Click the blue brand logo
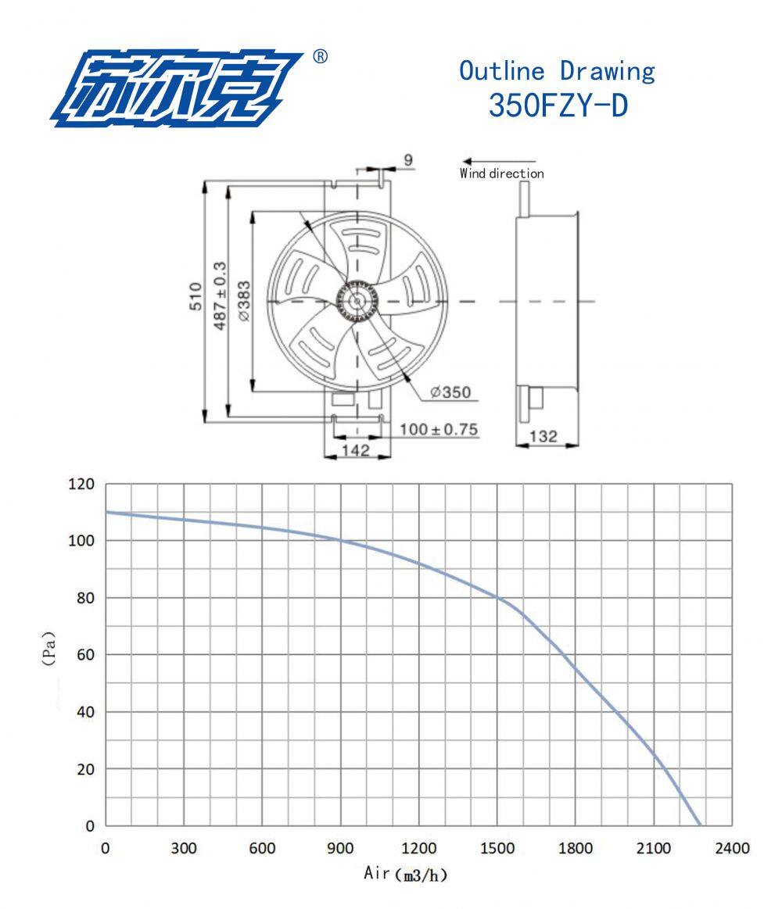tap(176, 88)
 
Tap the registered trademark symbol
tap(320, 56)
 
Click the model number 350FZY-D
tap(558, 105)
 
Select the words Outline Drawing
tap(557, 70)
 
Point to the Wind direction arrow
tap(499, 162)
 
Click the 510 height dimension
tap(196, 296)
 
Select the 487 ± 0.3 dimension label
tap(221, 296)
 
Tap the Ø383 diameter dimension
tap(244, 302)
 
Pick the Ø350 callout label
tap(450, 392)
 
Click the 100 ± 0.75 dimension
tap(439, 430)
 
